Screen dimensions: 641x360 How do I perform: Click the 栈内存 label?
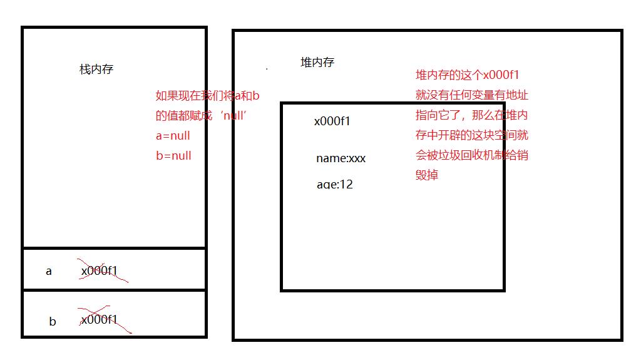96,69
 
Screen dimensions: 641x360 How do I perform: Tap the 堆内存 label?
317,63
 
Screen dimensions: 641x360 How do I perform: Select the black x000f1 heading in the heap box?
332,121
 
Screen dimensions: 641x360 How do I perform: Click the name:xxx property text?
341,158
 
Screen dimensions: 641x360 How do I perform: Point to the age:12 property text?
334,185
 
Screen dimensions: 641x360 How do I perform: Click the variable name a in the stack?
49,272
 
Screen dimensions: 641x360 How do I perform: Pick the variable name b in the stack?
53,322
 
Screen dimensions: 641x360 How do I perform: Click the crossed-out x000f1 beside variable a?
99,271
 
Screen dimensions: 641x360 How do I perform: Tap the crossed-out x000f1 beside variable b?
99,320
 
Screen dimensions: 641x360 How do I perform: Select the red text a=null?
173,136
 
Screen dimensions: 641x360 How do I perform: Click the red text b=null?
173,156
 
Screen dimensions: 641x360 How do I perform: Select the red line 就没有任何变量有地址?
472,96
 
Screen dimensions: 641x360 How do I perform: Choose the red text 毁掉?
427,175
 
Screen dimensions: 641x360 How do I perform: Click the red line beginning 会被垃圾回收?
472,155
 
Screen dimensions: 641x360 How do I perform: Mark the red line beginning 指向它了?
472,116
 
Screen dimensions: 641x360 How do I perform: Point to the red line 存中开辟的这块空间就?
472,135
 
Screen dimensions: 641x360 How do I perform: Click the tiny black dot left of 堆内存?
267,68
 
